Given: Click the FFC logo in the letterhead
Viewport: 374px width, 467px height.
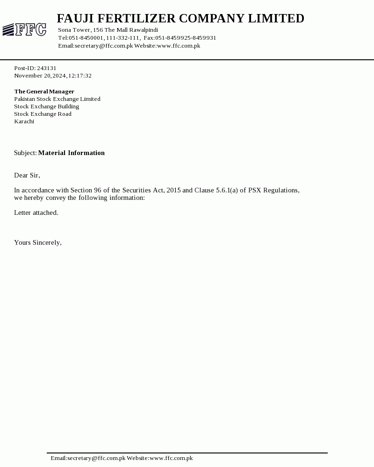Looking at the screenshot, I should [24, 30].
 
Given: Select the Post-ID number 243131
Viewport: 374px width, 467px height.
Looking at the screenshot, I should [47, 68].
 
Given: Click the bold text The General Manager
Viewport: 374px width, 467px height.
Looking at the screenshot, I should [44, 92].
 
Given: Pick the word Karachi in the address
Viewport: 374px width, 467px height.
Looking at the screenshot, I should [24, 121].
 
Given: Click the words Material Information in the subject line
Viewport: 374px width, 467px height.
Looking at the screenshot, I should [71, 153].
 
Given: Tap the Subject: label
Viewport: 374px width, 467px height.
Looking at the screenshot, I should [25, 153].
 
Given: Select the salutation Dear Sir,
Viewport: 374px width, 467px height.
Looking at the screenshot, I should [27, 176].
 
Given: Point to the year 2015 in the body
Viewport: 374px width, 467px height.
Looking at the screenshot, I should [173, 191].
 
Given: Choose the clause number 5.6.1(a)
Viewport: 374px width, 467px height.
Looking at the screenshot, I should [227, 191].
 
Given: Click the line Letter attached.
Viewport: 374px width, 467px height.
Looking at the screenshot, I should [36, 213].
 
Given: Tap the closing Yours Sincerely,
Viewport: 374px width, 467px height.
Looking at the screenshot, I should [38, 243].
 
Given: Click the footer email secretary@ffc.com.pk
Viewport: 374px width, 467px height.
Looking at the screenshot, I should [96, 458].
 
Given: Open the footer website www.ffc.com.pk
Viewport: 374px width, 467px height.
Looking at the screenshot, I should [171, 458].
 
